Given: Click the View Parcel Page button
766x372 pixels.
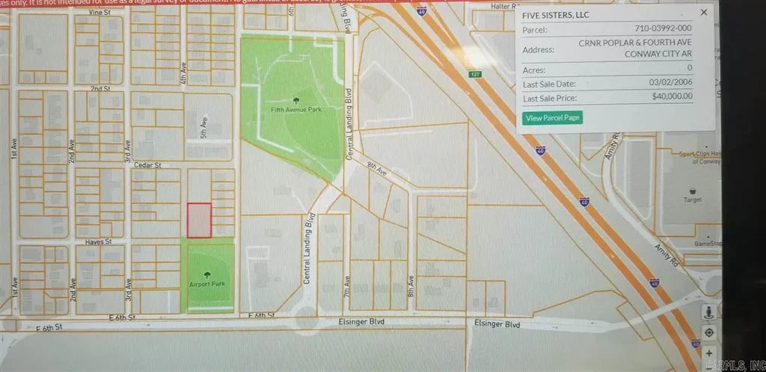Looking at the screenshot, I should click(x=554, y=118).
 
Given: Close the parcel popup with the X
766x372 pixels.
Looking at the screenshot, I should click(x=703, y=13).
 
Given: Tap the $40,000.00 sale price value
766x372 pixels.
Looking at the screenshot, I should click(x=672, y=96).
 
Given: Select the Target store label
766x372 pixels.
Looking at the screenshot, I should click(x=693, y=200).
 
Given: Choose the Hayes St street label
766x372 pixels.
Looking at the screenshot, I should click(x=98, y=242).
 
